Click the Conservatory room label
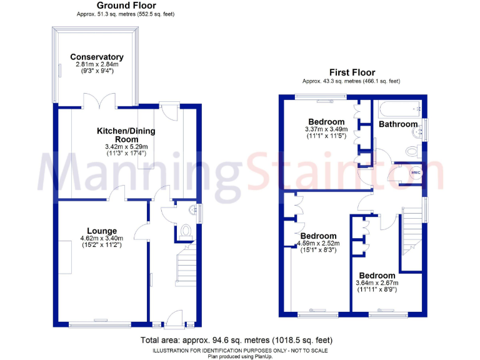pyautogui.click(x=96, y=57)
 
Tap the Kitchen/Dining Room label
pyautogui.click(x=126, y=135)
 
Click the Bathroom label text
pyautogui.click(x=398, y=124)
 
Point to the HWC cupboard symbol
pyautogui.click(x=414, y=172)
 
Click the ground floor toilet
pyautogui.click(x=185, y=232)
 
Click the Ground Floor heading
pyautogui.click(x=126, y=5)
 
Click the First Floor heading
pyautogui.click(x=351, y=72)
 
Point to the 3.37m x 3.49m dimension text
pyautogui.click(x=326, y=130)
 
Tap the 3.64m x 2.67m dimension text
pyautogui.click(x=376, y=284)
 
